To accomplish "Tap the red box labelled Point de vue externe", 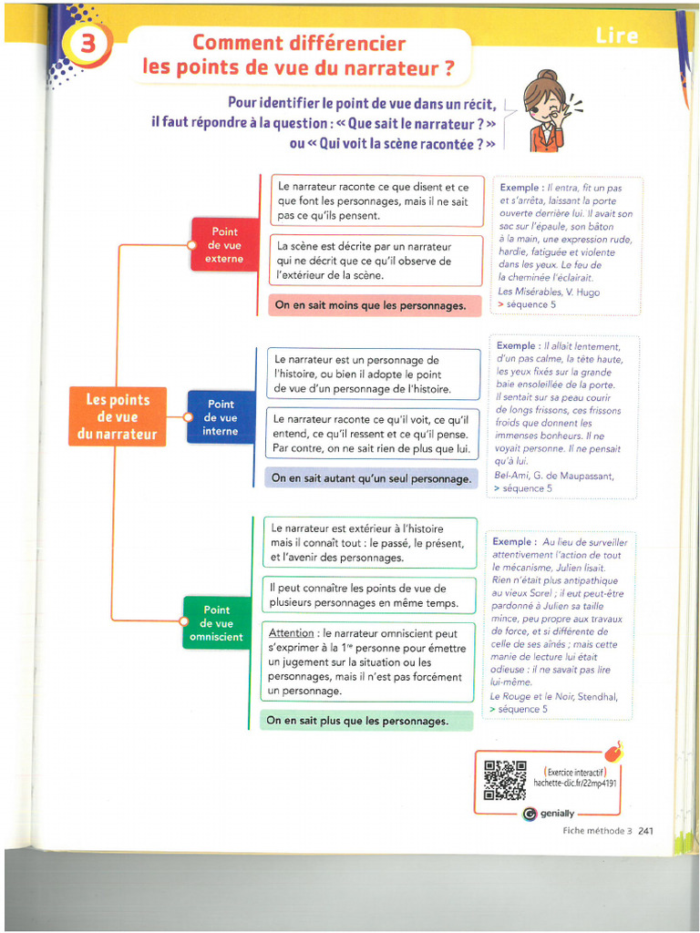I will click(224, 245).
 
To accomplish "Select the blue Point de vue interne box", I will click(221, 417).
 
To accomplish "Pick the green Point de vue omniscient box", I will click(216, 623).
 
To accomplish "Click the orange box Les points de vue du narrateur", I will click(118, 416).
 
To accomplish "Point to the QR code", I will click(505, 780).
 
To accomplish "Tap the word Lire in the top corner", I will click(617, 36).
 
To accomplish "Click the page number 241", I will click(645, 830).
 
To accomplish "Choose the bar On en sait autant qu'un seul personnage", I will click(371, 478).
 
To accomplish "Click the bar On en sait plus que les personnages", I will click(365, 721).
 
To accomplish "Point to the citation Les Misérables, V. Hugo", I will click(549, 292).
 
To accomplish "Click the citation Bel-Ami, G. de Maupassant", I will click(553, 476).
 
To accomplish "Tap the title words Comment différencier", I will click(299, 42).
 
